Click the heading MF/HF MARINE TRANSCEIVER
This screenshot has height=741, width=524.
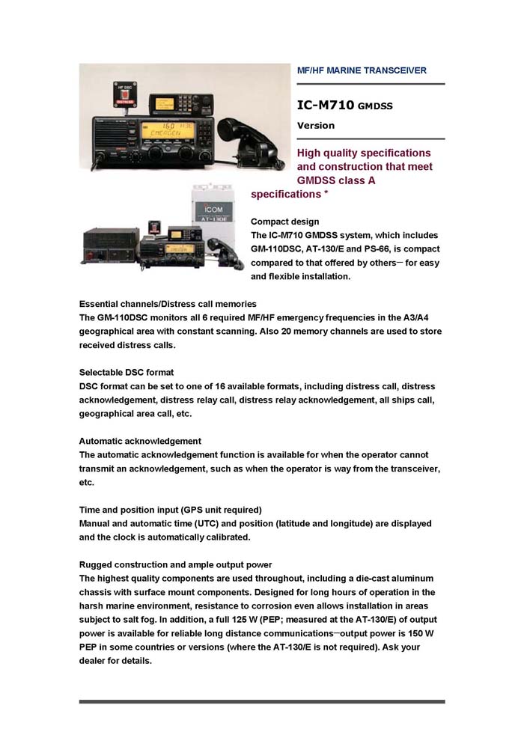(x=362, y=70)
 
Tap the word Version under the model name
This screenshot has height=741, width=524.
(x=316, y=126)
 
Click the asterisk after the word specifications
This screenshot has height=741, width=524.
(x=326, y=195)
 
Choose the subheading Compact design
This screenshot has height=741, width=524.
(x=284, y=222)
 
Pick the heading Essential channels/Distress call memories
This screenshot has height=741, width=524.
(x=168, y=304)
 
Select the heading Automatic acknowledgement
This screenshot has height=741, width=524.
(x=140, y=441)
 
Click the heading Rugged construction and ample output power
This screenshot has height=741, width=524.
(x=175, y=564)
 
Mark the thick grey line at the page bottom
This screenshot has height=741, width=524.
(x=262, y=701)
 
